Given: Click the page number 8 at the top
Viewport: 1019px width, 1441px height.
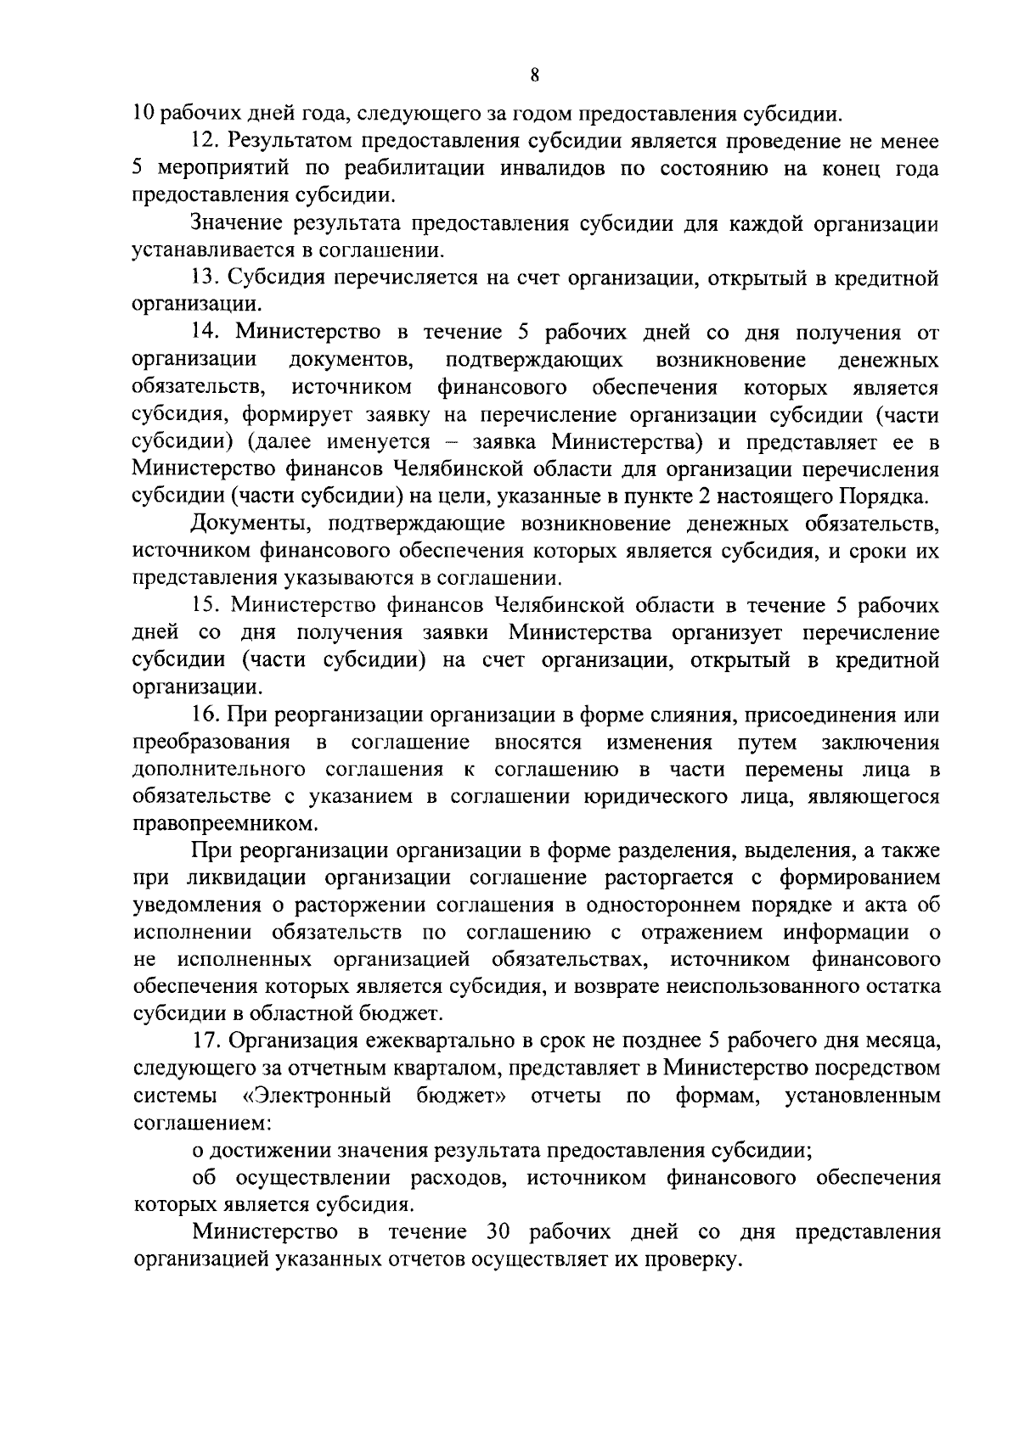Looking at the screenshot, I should tap(534, 75).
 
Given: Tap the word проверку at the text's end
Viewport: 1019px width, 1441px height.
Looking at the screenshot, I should tap(694, 1260).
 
